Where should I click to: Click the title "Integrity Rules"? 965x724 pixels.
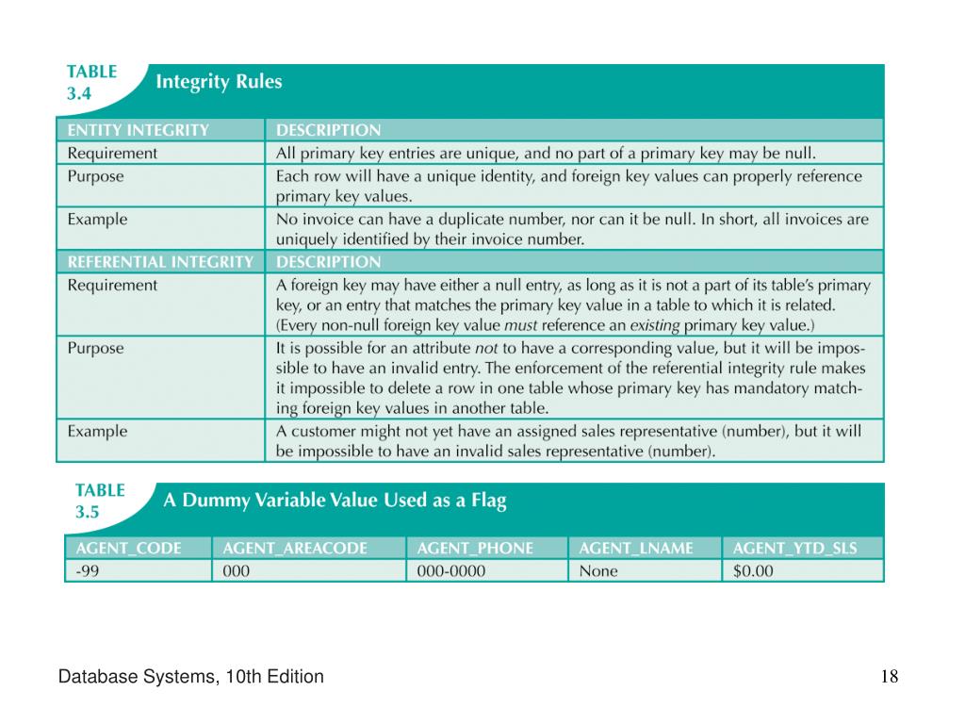pyautogui.click(x=219, y=82)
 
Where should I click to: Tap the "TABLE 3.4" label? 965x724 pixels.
pyautogui.click(x=91, y=83)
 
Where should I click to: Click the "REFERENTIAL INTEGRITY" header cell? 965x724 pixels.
pyautogui.click(x=160, y=262)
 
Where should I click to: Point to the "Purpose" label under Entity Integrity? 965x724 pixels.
pyautogui.click(x=95, y=176)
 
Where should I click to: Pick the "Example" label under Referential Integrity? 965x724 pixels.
pyautogui.click(x=97, y=431)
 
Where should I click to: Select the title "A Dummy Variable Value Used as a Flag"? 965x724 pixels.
pyautogui.click(x=335, y=502)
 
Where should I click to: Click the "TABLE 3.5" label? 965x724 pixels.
pyautogui.click(x=100, y=502)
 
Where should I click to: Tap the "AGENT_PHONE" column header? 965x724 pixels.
pyautogui.click(x=475, y=548)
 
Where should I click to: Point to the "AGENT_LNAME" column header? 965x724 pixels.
pyautogui.click(x=636, y=548)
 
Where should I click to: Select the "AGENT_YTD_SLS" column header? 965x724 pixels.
pyautogui.click(x=794, y=548)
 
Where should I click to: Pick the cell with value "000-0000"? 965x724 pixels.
pyautogui.click(x=451, y=570)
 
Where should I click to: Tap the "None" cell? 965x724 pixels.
pyautogui.click(x=598, y=570)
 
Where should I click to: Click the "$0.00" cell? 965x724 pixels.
pyautogui.click(x=753, y=570)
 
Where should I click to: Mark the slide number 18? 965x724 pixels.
pyautogui.click(x=890, y=677)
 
